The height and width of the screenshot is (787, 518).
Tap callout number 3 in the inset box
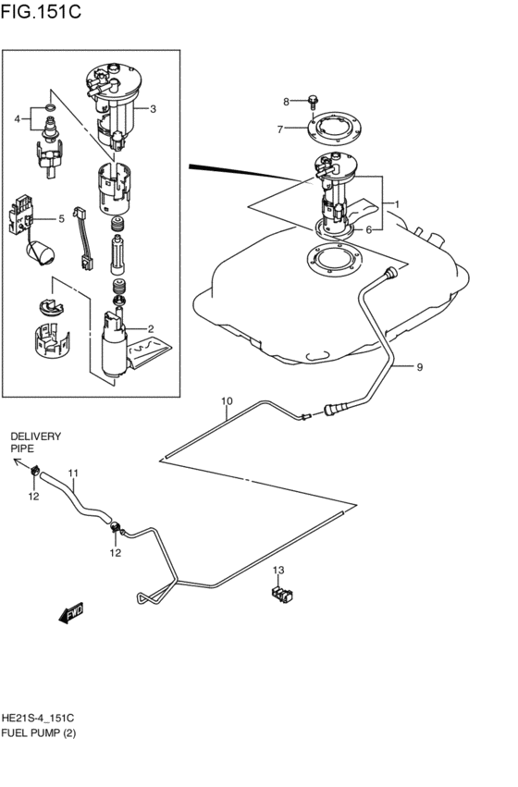(153, 108)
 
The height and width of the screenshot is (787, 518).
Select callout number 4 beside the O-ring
(18, 118)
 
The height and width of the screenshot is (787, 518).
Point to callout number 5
(61, 219)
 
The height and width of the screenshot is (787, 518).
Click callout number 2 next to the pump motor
(150, 328)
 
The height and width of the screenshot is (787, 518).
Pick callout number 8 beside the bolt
(287, 100)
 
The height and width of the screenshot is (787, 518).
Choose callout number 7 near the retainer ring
(279, 129)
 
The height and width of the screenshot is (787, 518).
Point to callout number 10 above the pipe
(227, 401)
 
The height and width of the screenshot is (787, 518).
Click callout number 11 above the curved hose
(72, 473)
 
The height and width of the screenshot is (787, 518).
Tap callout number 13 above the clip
(277, 570)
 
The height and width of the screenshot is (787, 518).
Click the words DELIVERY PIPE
(36, 441)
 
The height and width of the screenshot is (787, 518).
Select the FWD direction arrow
(70, 613)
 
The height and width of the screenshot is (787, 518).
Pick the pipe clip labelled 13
(279, 593)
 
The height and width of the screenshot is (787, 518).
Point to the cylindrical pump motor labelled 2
(116, 346)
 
